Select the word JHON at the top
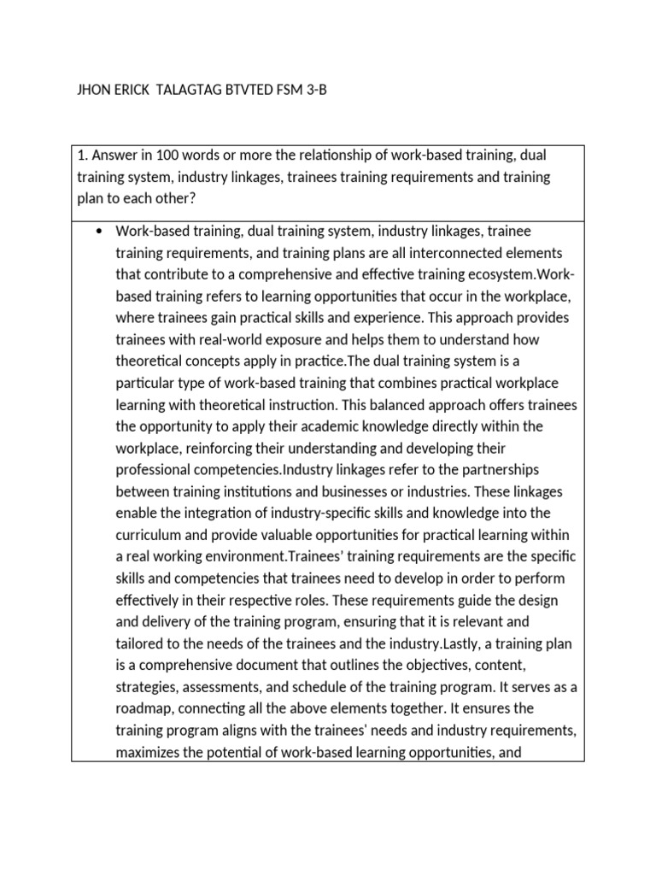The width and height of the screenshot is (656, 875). pyautogui.click(x=95, y=91)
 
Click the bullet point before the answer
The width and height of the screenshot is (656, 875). pyautogui.click(x=102, y=231)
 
